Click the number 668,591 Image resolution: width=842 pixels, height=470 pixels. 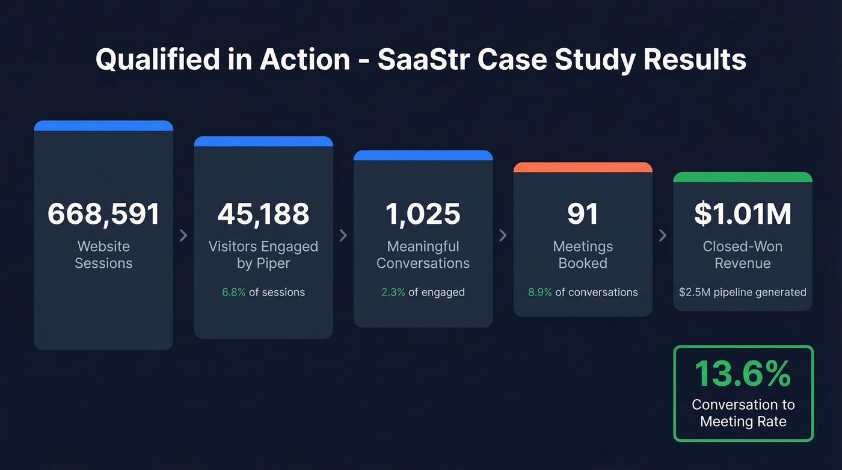point(103,214)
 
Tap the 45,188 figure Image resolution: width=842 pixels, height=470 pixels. point(263,214)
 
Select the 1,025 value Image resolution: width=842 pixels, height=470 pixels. point(423,214)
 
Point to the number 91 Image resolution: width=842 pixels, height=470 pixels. point(583,214)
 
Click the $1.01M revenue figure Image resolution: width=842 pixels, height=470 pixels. point(743,214)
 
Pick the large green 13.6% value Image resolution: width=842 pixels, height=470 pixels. point(743,374)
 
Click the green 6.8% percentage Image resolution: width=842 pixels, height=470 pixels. point(234,292)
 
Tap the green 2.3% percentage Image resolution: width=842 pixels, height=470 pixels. point(393,292)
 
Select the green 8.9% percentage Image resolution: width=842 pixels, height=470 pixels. point(540,292)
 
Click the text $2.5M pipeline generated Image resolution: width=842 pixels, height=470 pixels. point(743,292)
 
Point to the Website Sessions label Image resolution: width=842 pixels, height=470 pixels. point(103,255)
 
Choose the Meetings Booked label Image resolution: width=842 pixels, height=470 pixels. point(583,255)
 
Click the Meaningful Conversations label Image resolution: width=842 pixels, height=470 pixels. point(423,255)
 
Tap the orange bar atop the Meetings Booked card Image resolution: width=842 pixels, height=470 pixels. point(583,167)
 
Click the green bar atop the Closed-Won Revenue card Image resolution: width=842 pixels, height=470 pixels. point(743,177)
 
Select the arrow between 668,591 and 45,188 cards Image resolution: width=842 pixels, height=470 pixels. point(183,235)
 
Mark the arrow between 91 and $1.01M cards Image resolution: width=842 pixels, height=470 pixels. point(663,235)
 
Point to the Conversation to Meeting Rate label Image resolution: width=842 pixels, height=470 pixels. point(743,413)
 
